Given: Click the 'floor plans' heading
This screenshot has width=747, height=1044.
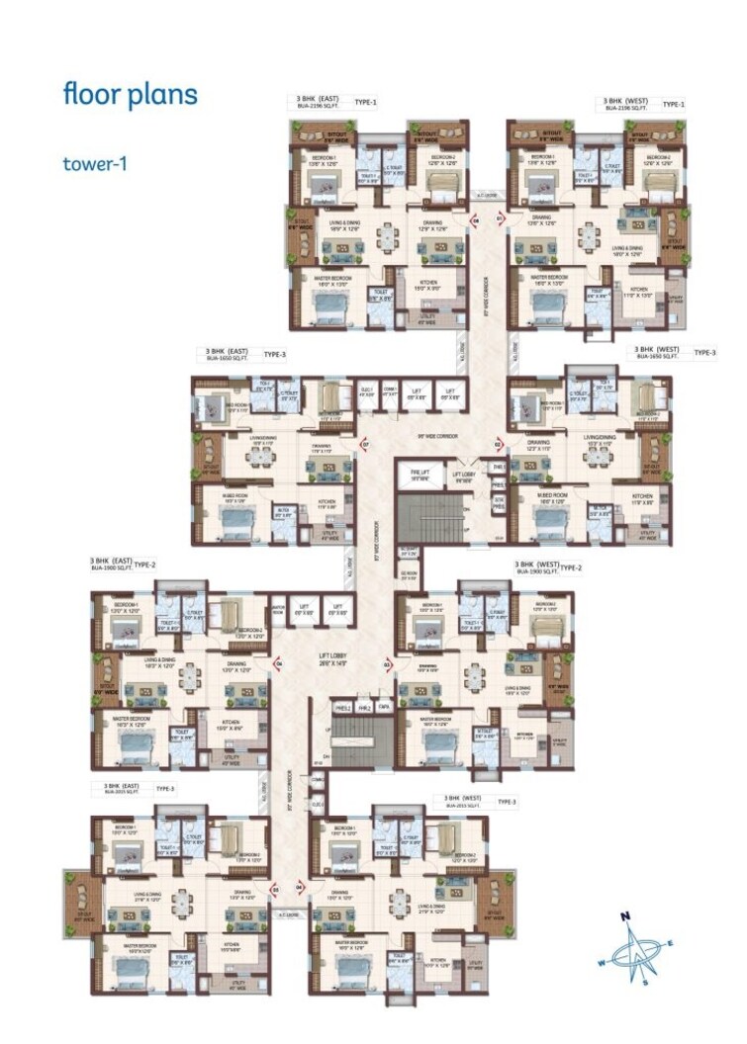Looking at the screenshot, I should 130,95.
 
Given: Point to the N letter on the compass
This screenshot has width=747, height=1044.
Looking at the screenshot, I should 626,915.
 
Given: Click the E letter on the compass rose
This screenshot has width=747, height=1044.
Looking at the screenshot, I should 669,943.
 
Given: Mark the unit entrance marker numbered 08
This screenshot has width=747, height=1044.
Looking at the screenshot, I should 473,221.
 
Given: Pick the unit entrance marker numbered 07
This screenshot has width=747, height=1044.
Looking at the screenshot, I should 364,445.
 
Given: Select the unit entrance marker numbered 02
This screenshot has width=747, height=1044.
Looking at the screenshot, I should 498,446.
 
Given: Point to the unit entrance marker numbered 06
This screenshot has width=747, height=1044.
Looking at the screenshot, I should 280,663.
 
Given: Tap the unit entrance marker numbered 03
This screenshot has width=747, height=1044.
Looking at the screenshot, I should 387,664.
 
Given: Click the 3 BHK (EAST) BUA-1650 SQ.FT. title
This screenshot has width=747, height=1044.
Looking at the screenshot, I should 228,353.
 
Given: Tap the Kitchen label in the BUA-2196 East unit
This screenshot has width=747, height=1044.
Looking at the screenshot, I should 428,284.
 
